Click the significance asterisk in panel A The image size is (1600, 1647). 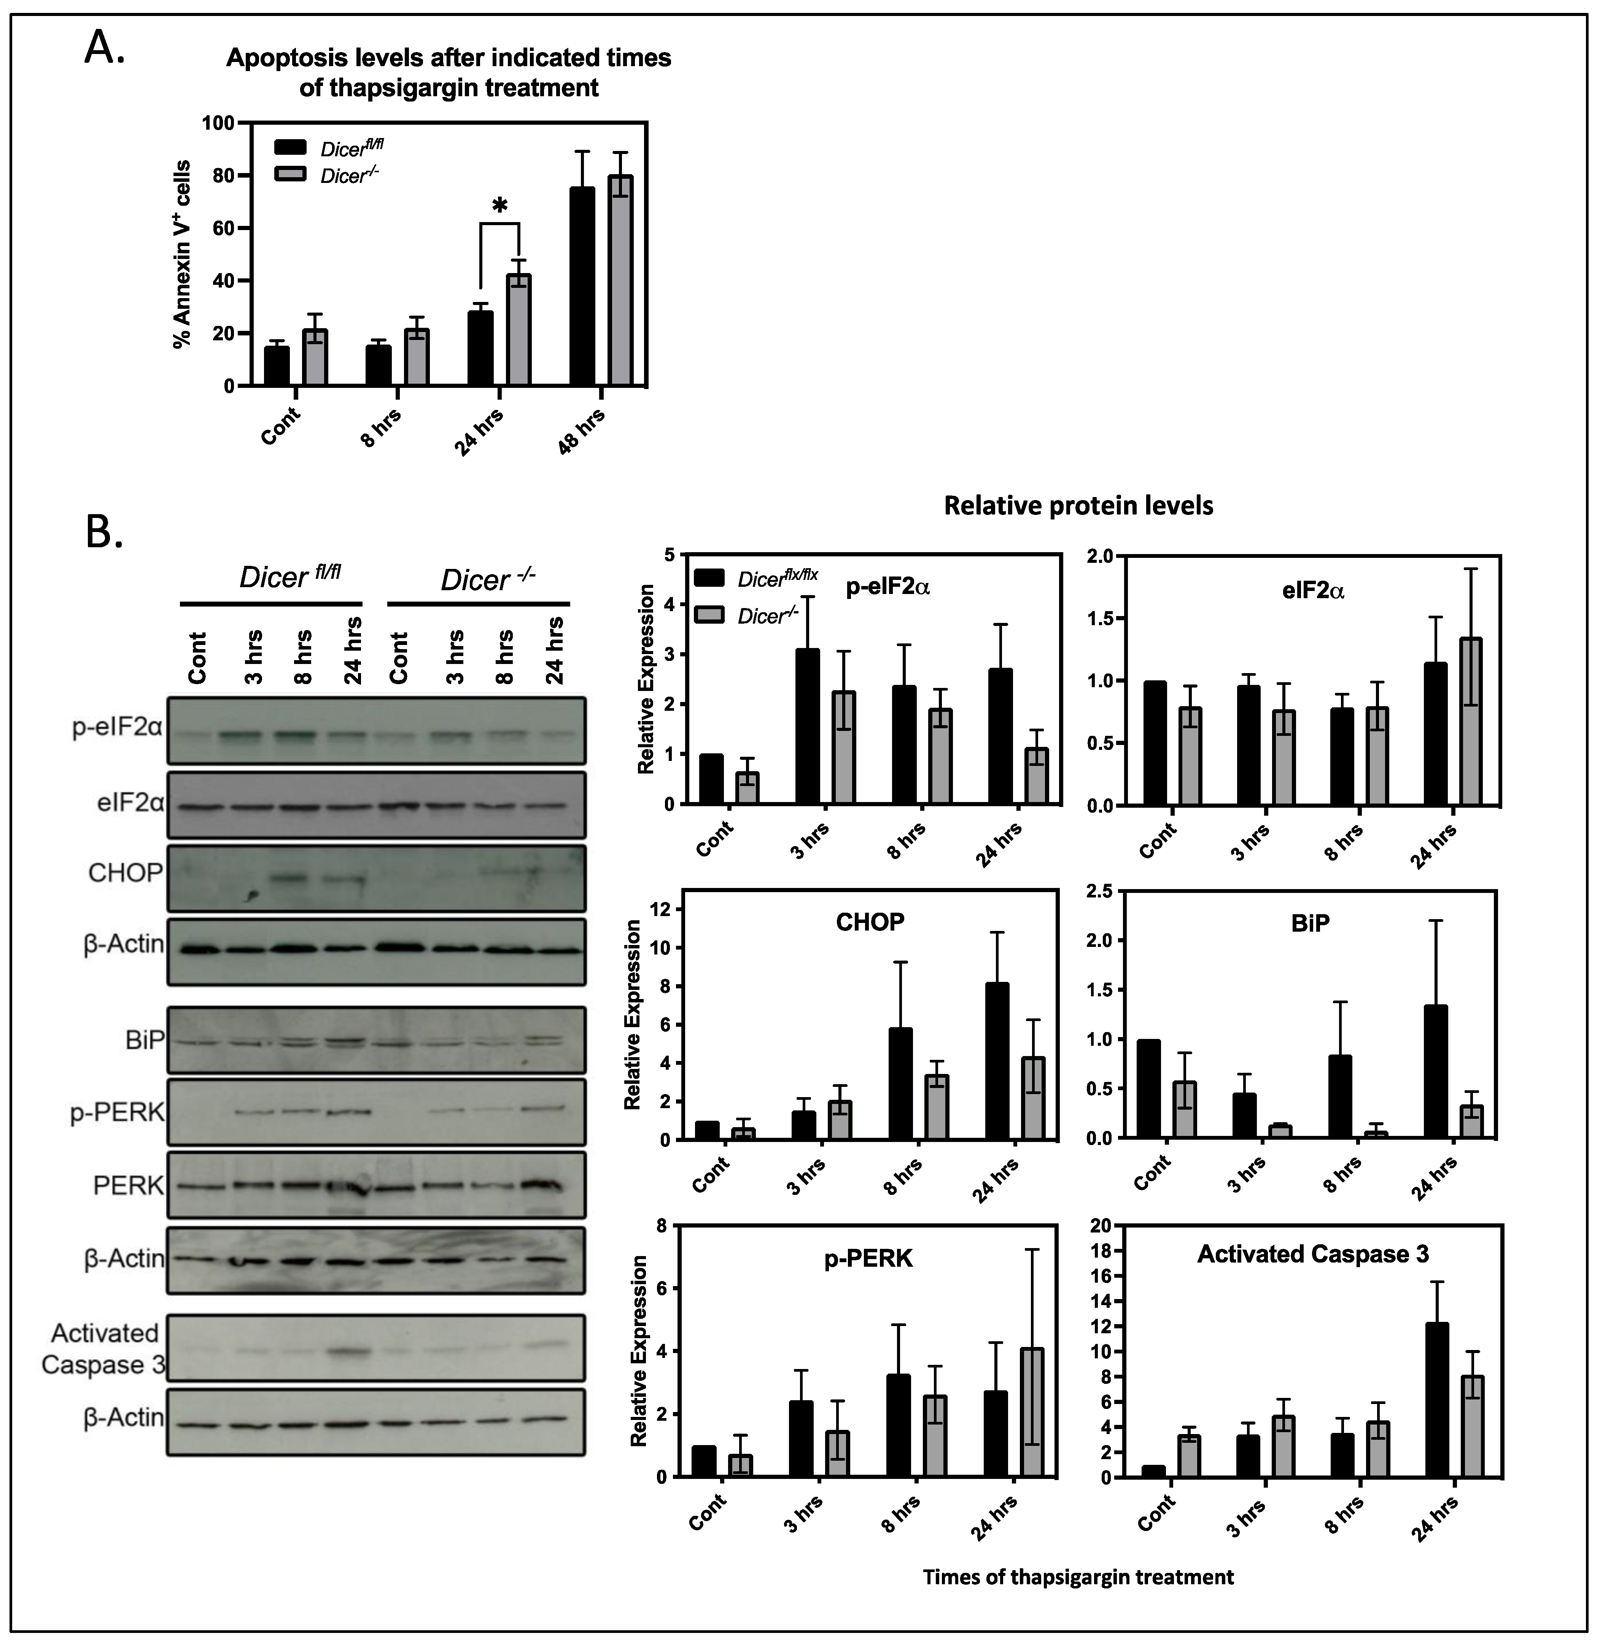tap(500, 206)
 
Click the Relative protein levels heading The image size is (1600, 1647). tap(1079, 506)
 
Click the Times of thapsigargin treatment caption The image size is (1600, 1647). tap(1078, 1577)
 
